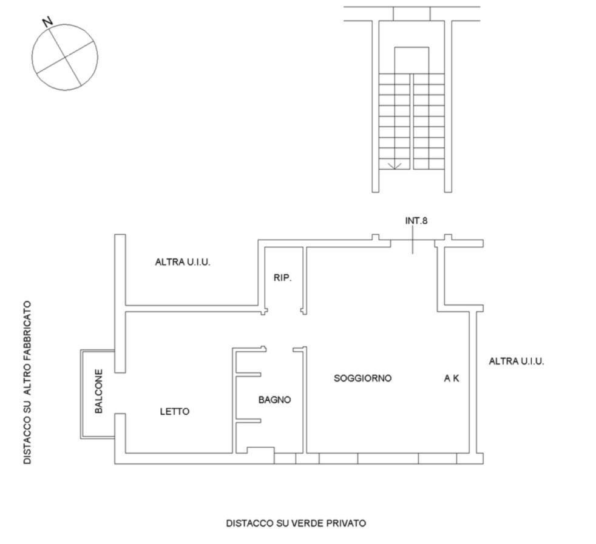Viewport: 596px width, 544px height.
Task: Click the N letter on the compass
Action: coord(47,22)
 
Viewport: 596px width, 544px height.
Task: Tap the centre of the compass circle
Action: coord(65,58)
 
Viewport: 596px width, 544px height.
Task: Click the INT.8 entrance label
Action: coord(416,221)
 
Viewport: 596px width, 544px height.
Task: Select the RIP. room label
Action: coord(282,278)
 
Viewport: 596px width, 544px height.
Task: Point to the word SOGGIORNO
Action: coord(362,378)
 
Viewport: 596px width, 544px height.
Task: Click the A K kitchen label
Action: coord(452,378)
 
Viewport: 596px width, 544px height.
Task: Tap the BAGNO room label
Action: coord(274,400)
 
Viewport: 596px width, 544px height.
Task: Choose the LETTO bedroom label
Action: coord(174,411)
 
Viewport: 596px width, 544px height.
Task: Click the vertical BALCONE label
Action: coord(98,391)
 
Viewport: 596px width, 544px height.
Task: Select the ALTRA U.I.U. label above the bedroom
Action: coord(183,262)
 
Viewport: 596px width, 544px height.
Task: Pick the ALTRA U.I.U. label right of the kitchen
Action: coord(516,361)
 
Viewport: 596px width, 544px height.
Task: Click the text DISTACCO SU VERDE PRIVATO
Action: coord(296,523)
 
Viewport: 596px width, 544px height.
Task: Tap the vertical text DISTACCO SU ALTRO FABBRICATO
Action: coord(27,383)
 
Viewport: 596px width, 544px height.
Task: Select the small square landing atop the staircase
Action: coord(411,61)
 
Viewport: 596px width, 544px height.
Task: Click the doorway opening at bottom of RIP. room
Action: coord(284,311)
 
